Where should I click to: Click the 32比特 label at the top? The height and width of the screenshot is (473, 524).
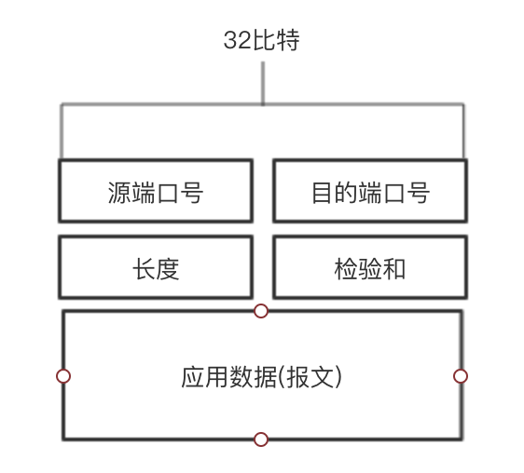tap(261, 40)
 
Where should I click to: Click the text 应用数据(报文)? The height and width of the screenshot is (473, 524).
tap(261, 377)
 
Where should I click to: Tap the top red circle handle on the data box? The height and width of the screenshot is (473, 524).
tap(261, 311)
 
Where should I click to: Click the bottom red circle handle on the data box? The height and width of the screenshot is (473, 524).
tap(261, 439)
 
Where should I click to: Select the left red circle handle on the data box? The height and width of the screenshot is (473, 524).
tap(63, 376)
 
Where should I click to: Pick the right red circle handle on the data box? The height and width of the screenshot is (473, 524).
tap(461, 376)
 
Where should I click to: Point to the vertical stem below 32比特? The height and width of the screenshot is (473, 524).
tap(263, 83)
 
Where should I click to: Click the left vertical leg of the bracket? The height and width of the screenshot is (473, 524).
tap(62, 131)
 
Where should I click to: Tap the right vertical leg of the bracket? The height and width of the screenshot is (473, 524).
tap(463, 131)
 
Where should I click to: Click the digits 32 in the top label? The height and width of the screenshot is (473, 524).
tap(237, 40)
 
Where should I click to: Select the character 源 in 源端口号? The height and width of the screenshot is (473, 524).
tap(119, 193)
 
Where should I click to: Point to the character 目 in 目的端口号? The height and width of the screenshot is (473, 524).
tap(322, 193)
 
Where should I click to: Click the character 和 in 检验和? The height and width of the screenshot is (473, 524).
tap(394, 269)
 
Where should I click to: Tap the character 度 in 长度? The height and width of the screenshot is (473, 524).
tap(168, 269)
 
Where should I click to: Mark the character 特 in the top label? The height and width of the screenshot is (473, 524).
tap(288, 40)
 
